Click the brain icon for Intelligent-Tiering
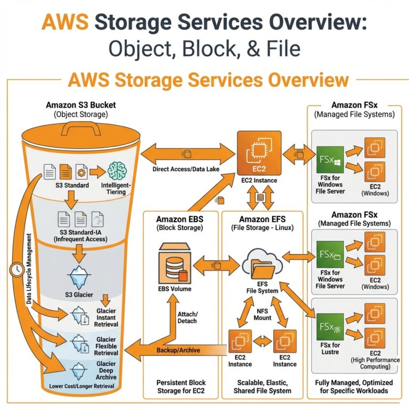(118, 171)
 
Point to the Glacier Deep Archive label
(107, 369)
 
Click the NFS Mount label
(262, 314)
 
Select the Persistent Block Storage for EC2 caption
(182, 387)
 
